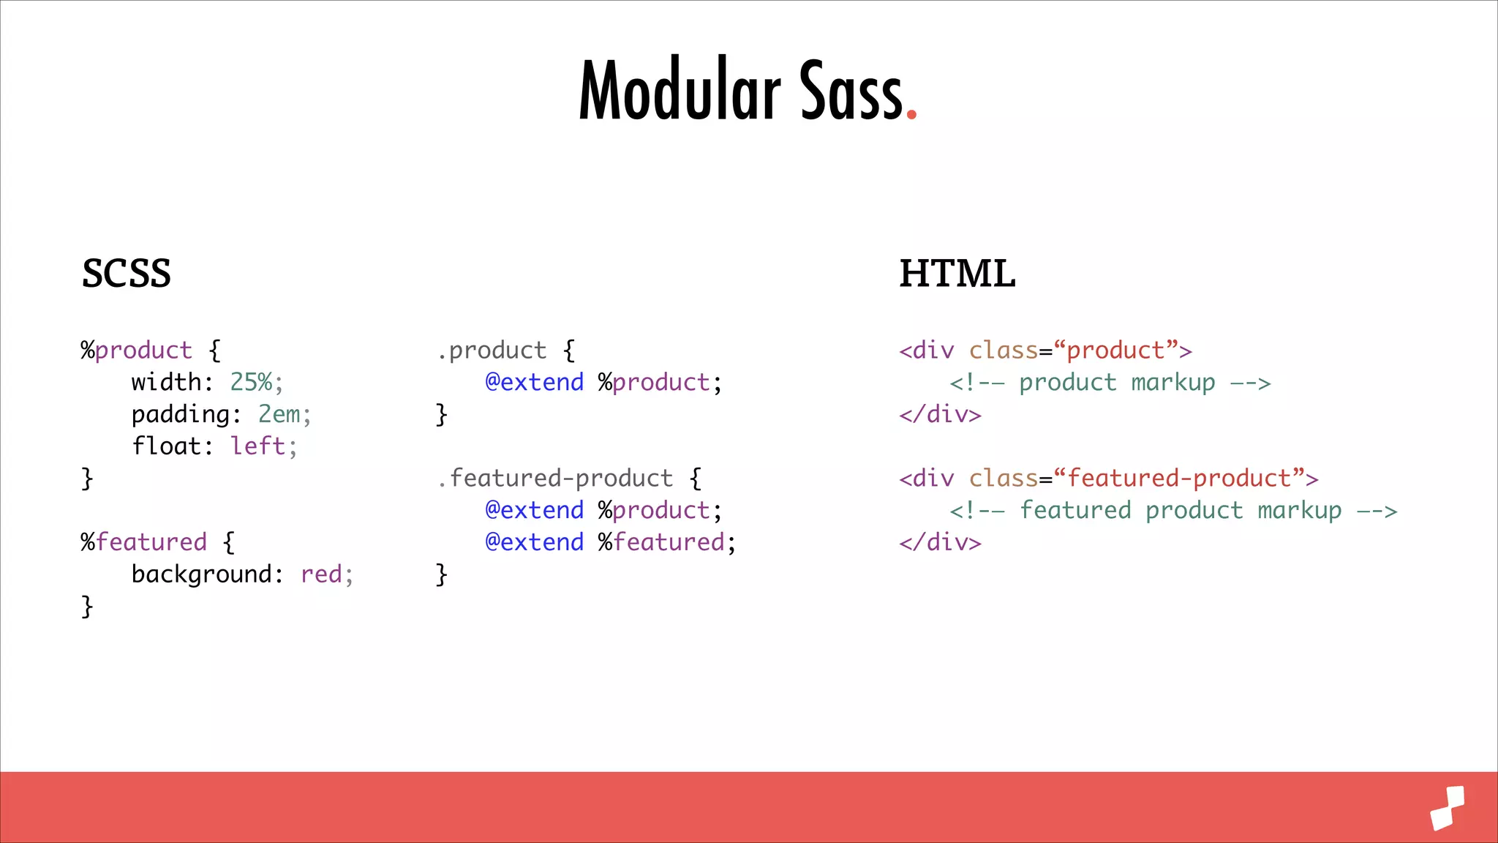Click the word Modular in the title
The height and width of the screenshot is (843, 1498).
tap(680, 91)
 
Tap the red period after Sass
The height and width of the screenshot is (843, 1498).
tap(911, 113)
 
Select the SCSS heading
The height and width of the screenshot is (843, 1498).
tap(126, 274)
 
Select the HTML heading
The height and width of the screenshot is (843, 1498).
tap(957, 274)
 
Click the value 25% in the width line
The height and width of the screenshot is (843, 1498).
tap(252, 382)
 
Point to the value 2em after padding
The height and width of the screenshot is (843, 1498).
tap(279, 414)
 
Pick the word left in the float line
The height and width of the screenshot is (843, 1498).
tap(257, 446)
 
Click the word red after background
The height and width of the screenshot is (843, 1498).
tap(321, 574)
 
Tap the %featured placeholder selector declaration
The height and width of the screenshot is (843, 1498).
tap(144, 542)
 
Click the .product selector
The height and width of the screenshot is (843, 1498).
tap(492, 351)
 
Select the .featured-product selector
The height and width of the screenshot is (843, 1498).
tap(554, 478)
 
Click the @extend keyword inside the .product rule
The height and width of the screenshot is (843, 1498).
tap(535, 382)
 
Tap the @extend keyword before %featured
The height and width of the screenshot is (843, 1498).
tap(535, 542)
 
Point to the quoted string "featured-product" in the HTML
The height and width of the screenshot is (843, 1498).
tap(1179, 478)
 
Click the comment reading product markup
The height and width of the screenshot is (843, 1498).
tap(1110, 383)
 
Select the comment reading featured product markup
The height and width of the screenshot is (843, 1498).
tap(1173, 510)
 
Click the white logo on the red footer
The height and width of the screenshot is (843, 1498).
tap(1448, 808)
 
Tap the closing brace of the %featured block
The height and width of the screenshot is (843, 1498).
tap(87, 607)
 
